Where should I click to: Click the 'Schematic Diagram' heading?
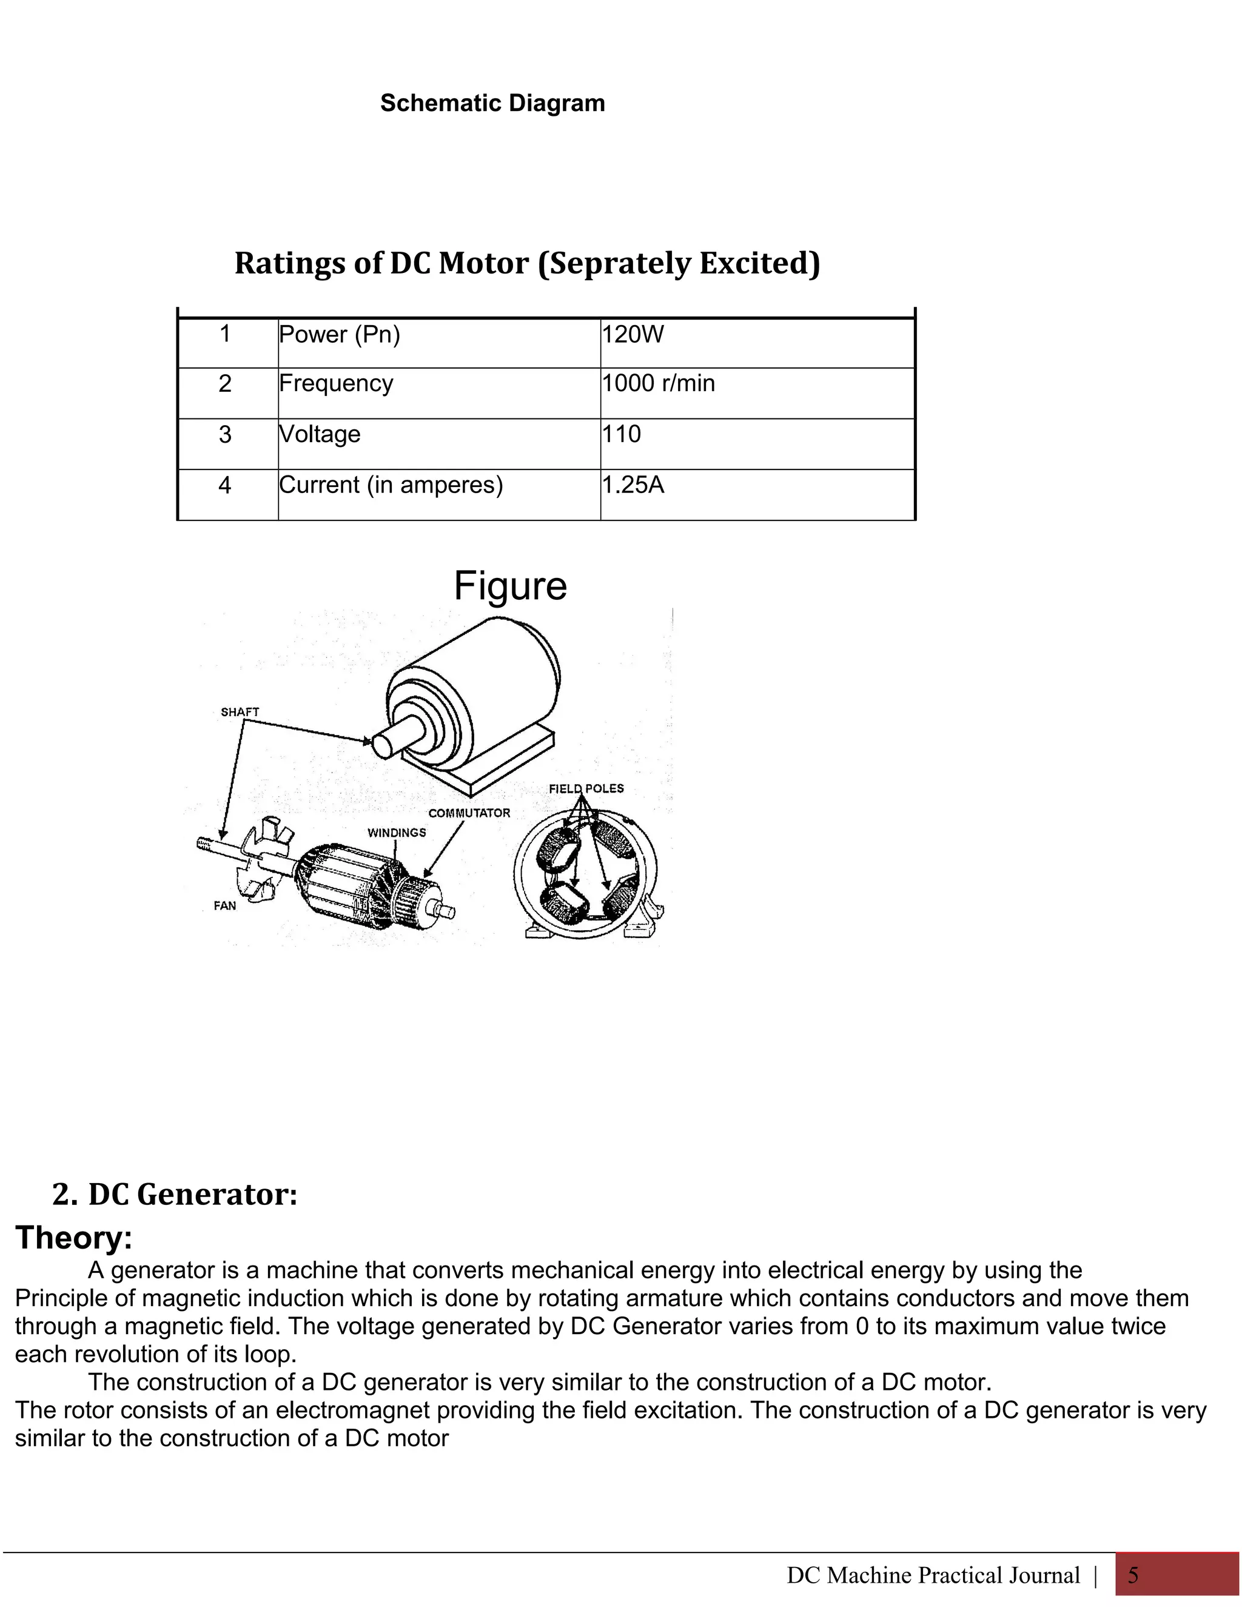(x=492, y=103)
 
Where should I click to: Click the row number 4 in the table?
(x=225, y=485)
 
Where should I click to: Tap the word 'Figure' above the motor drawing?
(x=510, y=586)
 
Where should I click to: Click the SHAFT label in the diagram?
(x=240, y=713)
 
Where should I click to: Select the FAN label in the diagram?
(x=225, y=906)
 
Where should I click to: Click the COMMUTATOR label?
(x=469, y=813)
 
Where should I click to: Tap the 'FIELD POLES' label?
(x=586, y=789)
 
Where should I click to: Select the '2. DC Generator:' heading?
(x=175, y=1194)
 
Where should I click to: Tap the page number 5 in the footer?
(x=1133, y=1575)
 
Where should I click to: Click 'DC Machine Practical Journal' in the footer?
(x=933, y=1575)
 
